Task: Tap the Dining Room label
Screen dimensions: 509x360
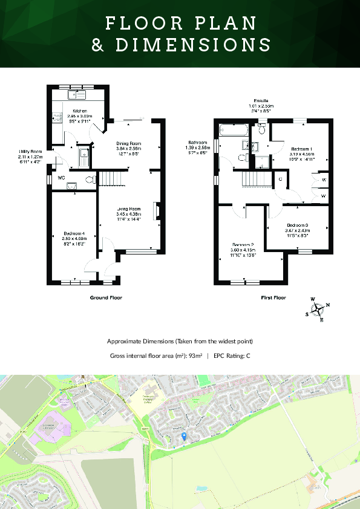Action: click(128, 143)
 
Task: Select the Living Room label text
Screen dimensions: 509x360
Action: click(128, 209)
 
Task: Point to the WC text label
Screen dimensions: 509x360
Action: click(61, 178)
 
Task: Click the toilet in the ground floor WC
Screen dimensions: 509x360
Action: click(90, 179)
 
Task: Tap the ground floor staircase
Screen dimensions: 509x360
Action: click(110, 179)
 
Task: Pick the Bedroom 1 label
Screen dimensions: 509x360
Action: click(301, 149)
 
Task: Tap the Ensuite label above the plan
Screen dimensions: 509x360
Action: click(261, 100)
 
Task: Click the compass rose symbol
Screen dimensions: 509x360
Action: click(318, 309)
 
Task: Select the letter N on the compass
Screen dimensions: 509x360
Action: click(328, 305)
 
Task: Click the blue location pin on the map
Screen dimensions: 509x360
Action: click(184, 436)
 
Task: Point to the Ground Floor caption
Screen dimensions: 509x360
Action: click(106, 297)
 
